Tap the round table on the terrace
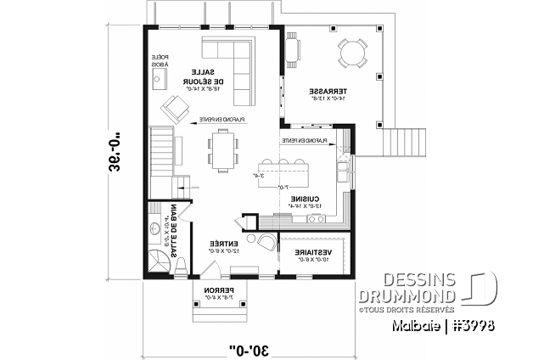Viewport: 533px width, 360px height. click(350, 53)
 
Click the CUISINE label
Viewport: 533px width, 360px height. click(303, 200)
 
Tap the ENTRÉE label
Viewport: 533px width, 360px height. click(224, 246)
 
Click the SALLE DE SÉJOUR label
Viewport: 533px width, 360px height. click(203, 78)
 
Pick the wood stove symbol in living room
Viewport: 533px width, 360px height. click(157, 80)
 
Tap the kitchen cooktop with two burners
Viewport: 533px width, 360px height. click(317, 220)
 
